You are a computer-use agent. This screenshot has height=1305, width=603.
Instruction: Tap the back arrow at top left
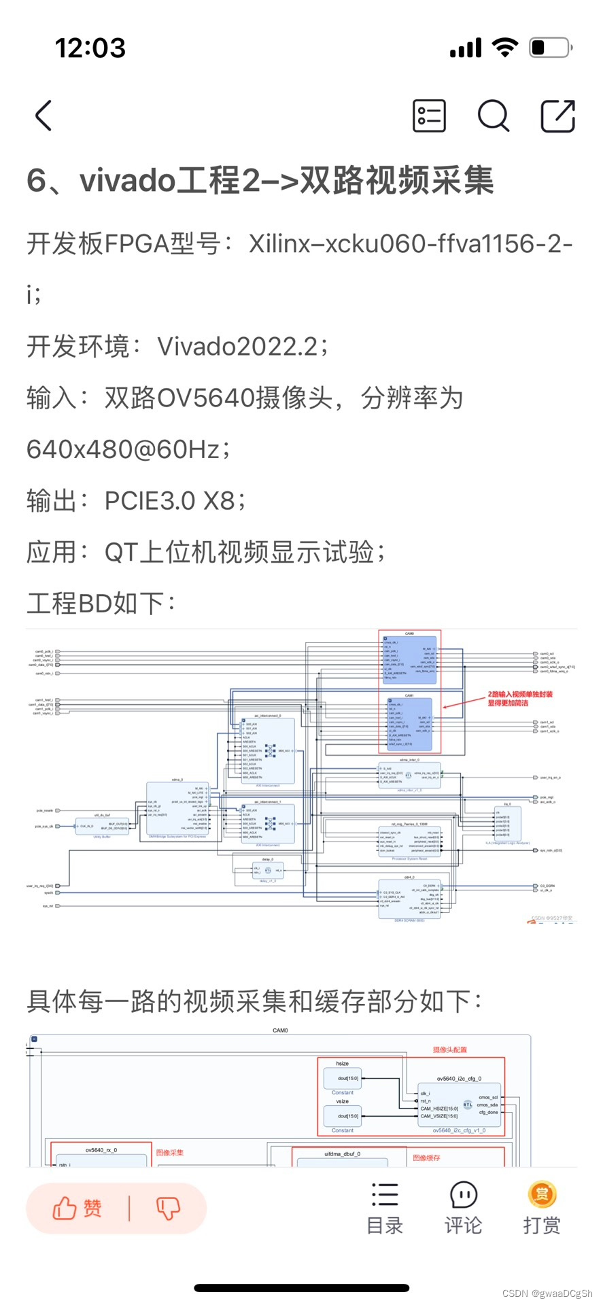pos(44,116)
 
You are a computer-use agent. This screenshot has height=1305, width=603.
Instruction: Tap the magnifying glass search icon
pos(493,116)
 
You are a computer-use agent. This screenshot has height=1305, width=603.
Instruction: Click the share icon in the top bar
pos(557,116)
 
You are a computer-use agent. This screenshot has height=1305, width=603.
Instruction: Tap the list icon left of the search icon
pos(430,116)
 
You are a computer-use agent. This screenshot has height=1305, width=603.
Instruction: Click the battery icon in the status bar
pos(551,48)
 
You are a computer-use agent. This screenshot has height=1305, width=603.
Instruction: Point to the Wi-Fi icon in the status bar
pos(504,48)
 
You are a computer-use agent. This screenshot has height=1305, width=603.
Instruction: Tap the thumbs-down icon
pos(168,1208)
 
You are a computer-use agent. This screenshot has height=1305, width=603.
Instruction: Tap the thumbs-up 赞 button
pos(77,1208)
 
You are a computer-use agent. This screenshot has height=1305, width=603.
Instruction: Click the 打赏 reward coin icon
pos(542,1194)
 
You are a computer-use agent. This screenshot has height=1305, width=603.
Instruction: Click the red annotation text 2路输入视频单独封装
pos(520,695)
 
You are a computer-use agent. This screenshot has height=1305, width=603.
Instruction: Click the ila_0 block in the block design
pos(507,824)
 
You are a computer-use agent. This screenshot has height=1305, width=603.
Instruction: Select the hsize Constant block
pos(343,1078)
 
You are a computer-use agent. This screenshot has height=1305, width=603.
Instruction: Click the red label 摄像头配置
pos(450,1049)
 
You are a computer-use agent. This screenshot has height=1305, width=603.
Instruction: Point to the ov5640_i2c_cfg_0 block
pos(459,1104)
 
